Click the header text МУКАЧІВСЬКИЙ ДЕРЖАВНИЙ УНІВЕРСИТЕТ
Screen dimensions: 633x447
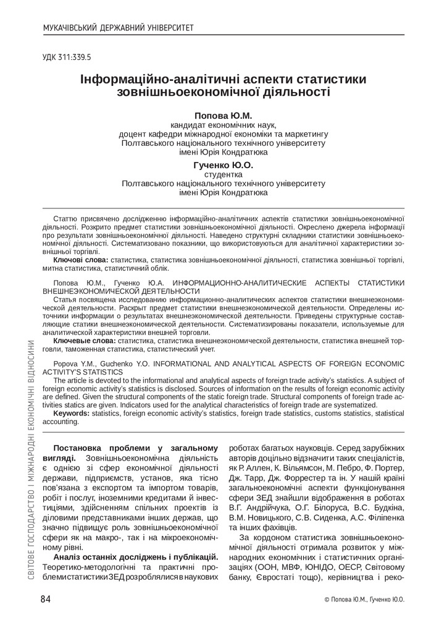(118, 28)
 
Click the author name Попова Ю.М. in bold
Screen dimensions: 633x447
(223, 116)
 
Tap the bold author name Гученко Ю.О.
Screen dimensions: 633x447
(223, 165)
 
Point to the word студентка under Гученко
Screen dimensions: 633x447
(223, 174)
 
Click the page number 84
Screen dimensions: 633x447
(47, 598)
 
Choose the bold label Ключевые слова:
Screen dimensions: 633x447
(84, 341)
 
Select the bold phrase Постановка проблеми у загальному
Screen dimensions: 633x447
(136, 448)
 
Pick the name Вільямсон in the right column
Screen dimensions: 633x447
(295, 469)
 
